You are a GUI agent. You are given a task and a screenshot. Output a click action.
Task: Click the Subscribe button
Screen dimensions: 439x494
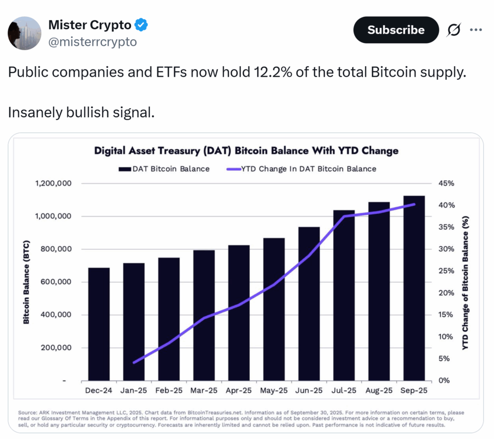coord(396,30)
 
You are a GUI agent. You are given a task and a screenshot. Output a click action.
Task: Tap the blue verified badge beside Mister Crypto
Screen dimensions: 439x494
coord(141,25)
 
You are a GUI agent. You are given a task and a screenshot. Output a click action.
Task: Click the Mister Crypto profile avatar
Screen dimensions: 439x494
coord(25,33)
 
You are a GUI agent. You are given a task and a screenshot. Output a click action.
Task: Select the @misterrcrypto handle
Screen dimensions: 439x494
coord(92,42)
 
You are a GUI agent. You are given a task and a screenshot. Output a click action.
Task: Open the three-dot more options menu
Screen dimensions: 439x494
coord(476,30)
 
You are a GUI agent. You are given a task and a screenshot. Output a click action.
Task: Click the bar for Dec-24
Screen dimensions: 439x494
coord(99,324)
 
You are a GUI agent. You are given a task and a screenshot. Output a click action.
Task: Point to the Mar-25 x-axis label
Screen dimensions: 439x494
coord(204,390)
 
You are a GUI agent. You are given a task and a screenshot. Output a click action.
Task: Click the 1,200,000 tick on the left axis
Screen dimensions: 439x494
coord(53,184)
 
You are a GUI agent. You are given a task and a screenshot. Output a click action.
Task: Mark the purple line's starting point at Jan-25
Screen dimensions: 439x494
coord(134,362)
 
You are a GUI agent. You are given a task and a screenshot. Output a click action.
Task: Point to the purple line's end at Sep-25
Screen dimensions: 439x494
coord(414,205)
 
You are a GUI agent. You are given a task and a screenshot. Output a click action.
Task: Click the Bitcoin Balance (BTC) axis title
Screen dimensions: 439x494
coord(26,282)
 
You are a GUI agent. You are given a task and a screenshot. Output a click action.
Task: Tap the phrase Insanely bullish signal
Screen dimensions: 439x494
coord(81,112)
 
